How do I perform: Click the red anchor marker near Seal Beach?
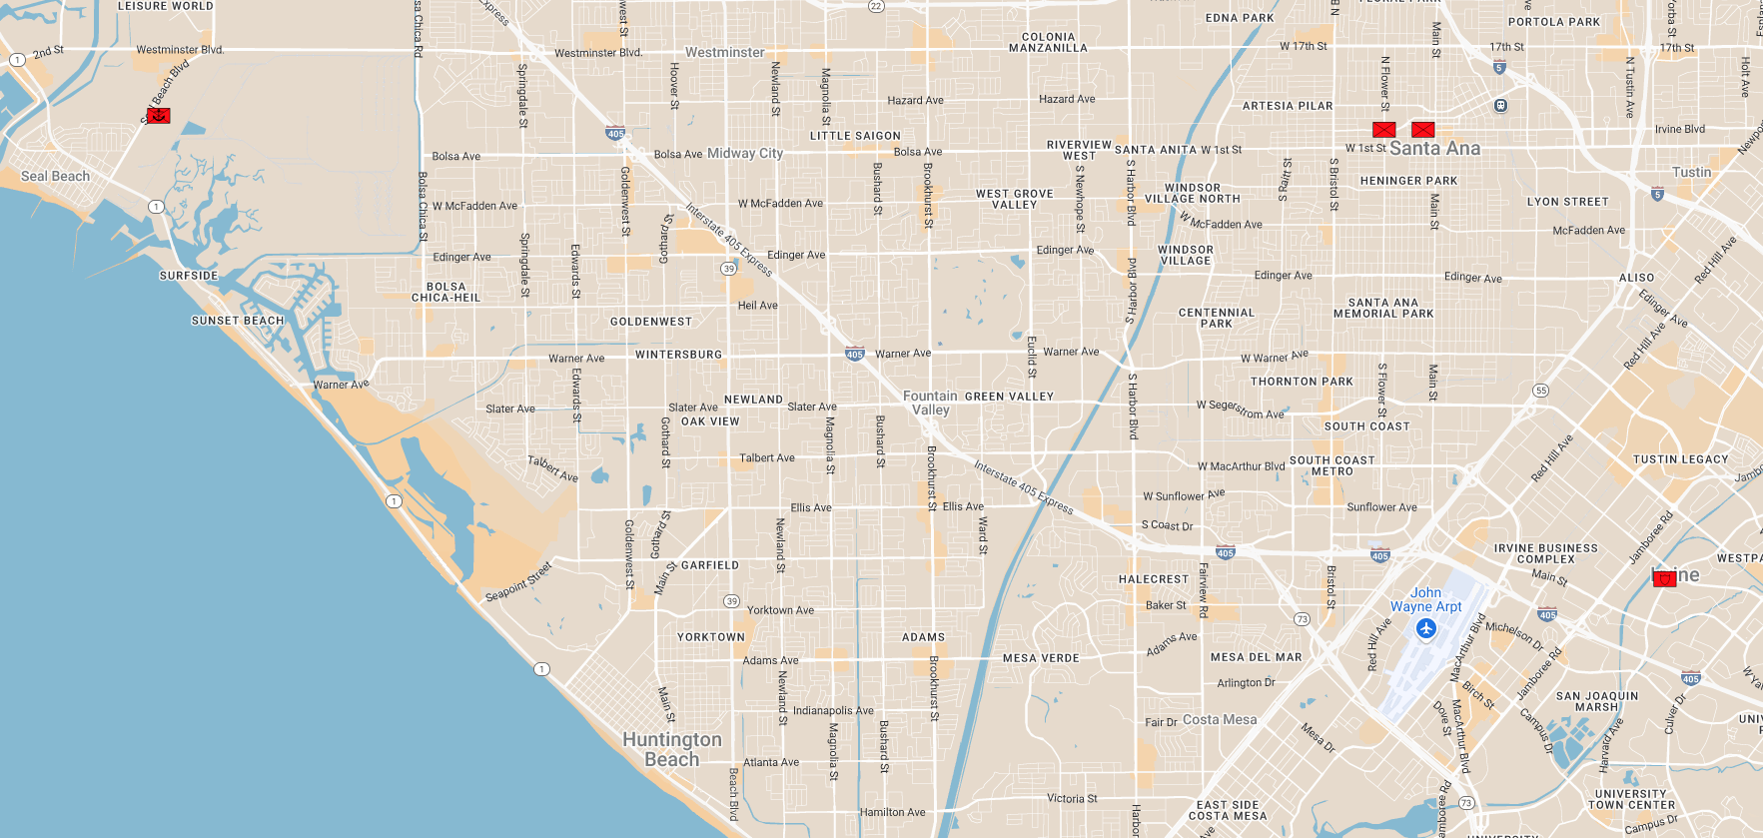click(158, 116)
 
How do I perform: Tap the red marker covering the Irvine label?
click(1664, 578)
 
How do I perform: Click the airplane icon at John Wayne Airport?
click(1425, 628)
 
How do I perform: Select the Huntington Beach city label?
click(672, 749)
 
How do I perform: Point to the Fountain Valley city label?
click(930, 403)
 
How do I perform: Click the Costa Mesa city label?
click(1220, 719)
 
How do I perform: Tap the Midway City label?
click(745, 153)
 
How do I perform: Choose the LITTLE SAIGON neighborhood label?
click(855, 136)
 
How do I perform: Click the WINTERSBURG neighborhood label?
click(678, 355)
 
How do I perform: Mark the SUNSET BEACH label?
click(238, 321)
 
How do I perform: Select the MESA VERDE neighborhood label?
click(1041, 658)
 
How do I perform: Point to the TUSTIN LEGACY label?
click(1680, 459)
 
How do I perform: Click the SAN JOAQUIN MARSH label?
click(1597, 701)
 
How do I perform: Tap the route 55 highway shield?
click(1541, 391)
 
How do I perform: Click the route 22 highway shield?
click(876, 6)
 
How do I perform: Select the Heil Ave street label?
click(757, 306)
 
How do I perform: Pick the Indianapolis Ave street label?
click(833, 711)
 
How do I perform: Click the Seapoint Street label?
click(518, 582)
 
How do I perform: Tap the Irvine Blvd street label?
click(1679, 129)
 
